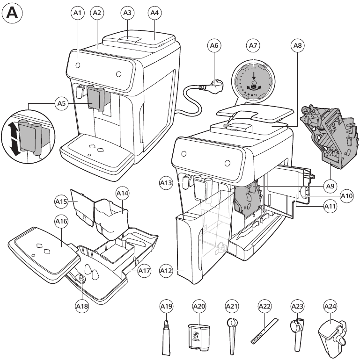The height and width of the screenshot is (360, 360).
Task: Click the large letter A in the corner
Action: coord(12,13)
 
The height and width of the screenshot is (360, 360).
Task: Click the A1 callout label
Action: coord(78,13)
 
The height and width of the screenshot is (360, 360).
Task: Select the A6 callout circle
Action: coord(214,46)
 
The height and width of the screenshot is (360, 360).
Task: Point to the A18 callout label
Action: coord(81,306)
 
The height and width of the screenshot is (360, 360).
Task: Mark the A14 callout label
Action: coord(123,193)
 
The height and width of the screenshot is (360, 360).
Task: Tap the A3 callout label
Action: coord(127,13)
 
